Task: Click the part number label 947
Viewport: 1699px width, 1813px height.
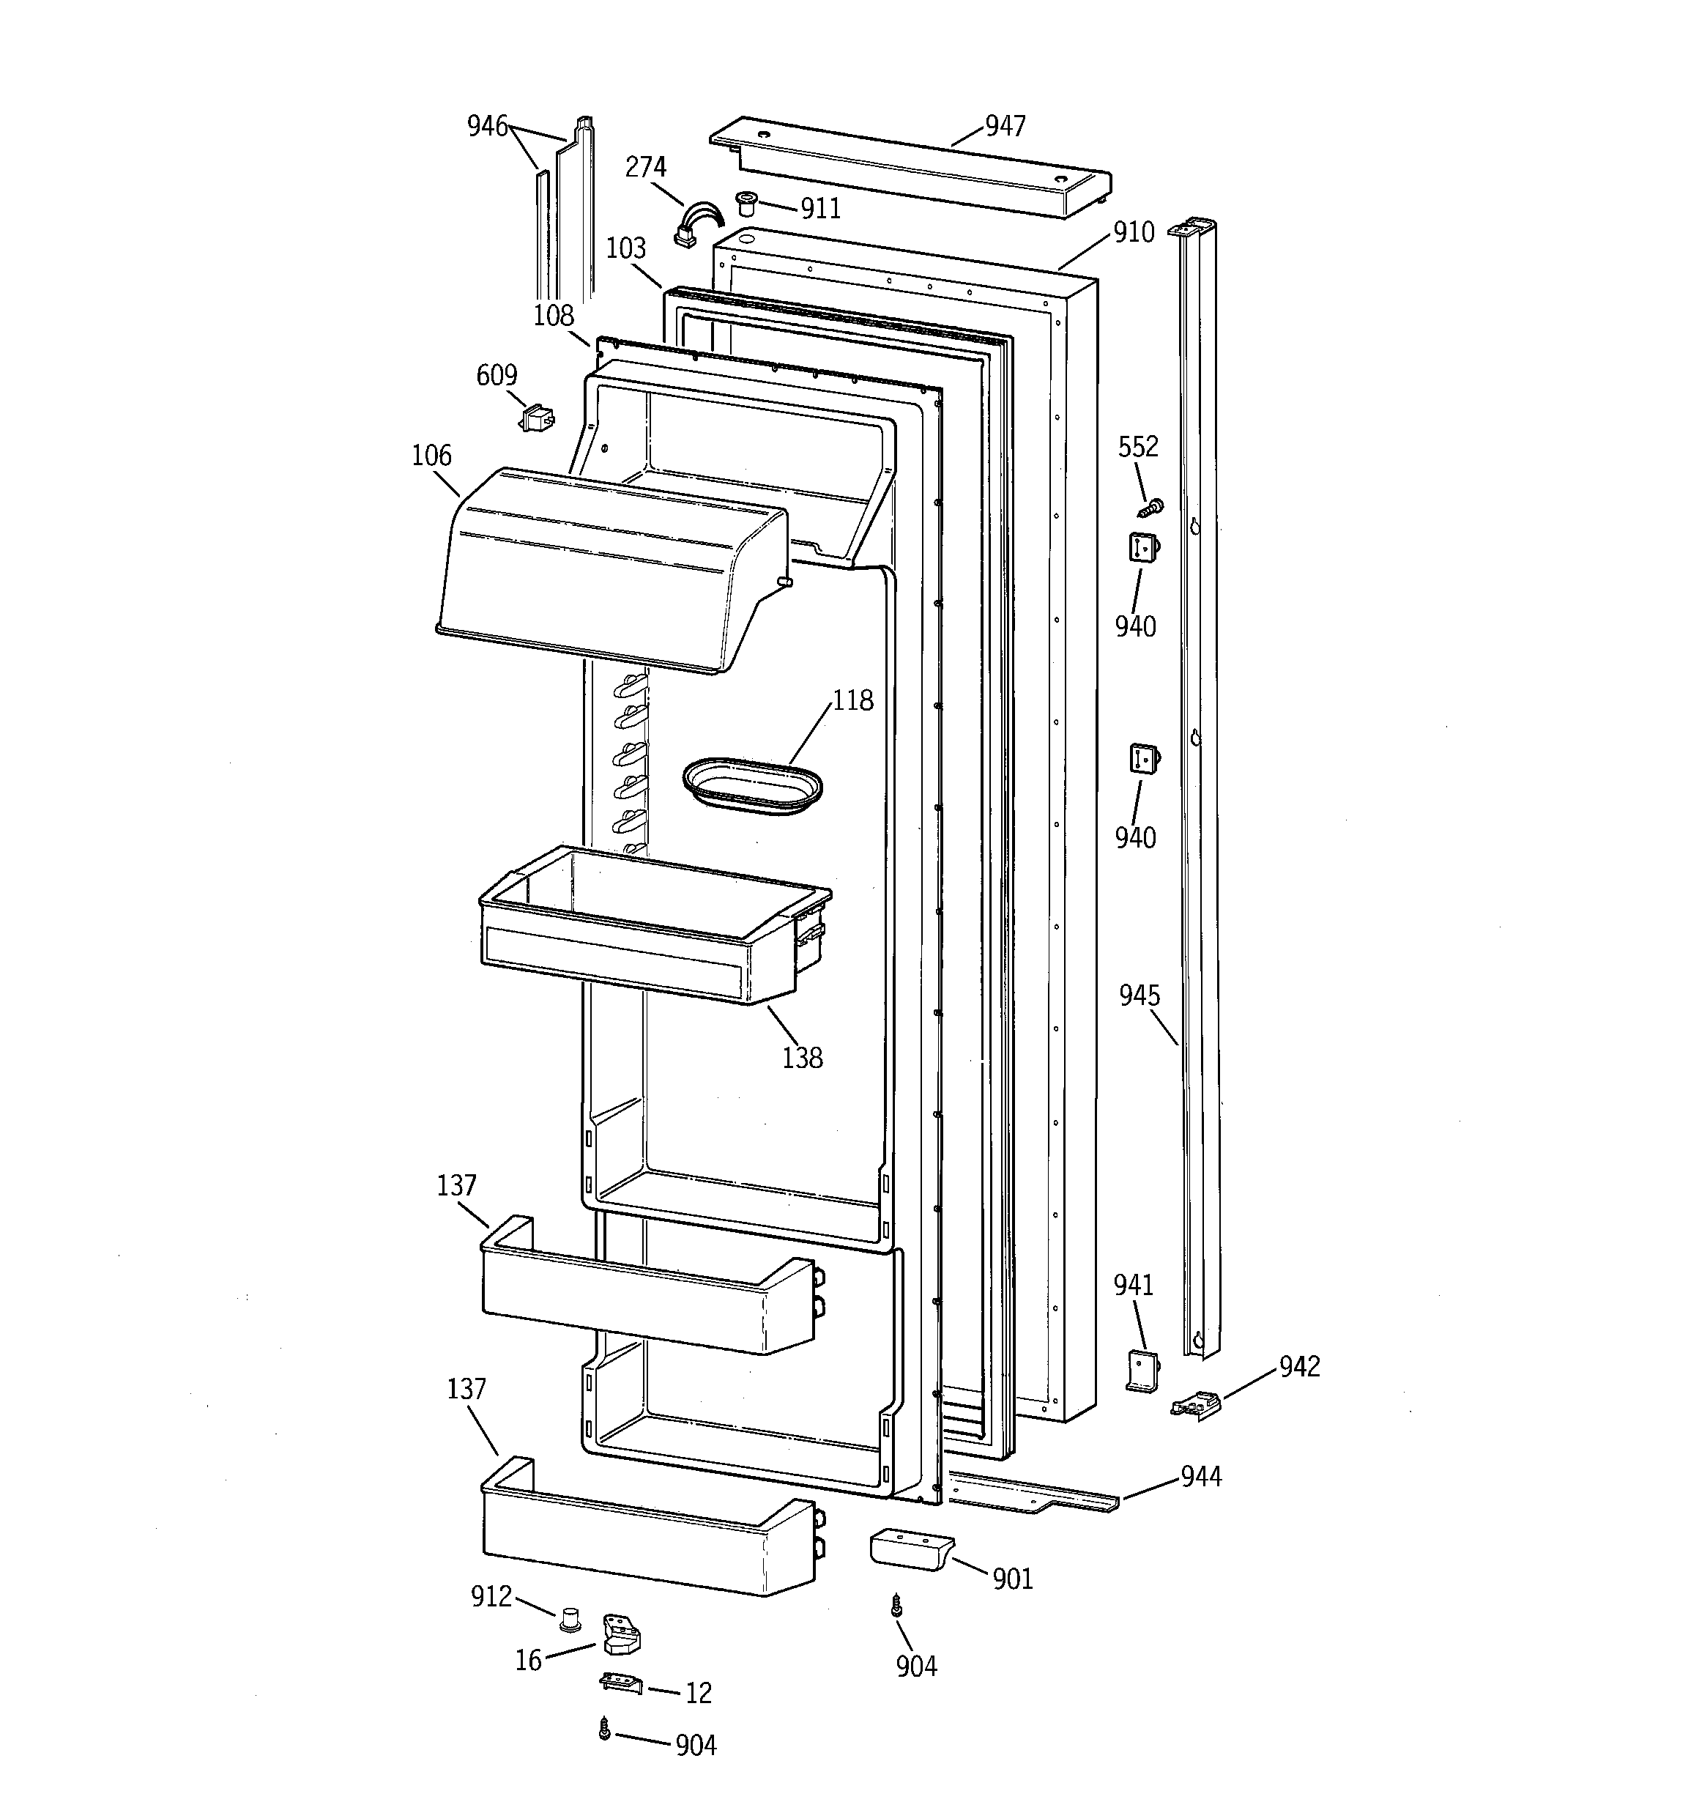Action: click(1005, 126)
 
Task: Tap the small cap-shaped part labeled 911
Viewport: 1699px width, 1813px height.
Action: click(748, 201)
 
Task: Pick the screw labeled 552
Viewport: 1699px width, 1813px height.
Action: click(1153, 506)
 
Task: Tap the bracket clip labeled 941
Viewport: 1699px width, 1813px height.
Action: click(1142, 1371)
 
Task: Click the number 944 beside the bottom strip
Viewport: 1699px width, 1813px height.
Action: click(1200, 1475)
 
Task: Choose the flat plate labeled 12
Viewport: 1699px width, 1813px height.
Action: click(621, 1683)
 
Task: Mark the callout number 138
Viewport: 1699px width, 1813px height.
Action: click(802, 1058)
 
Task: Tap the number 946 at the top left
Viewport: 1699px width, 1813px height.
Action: click(487, 126)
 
